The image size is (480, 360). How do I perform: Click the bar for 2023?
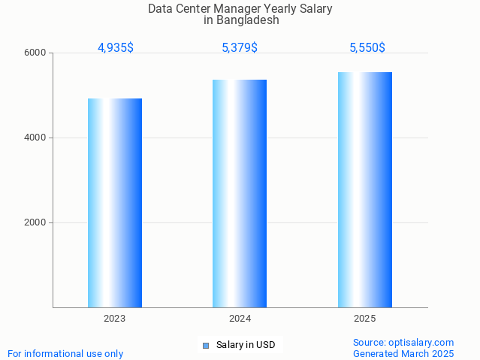tap(115, 203)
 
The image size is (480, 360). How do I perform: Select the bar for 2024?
tap(240, 193)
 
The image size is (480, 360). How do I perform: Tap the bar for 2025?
tap(365, 189)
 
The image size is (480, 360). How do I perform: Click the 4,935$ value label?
tap(116, 48)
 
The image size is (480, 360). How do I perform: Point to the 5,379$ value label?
tap(240, 48)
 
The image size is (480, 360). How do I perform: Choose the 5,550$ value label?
tap(367, 48)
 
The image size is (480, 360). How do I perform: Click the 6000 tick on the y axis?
tap(35, 53)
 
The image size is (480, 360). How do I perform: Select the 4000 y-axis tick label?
tap(35, 138)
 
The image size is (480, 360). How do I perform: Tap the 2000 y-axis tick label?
tap(35, 223)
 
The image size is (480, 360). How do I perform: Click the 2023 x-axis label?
tap(115, 319)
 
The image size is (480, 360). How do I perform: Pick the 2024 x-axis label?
tap(240, 319)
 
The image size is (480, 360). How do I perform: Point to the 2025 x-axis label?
tap(365, 319)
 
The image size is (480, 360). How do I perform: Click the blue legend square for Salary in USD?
tap(206, 346)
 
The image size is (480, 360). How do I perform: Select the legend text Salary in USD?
tap(246, 346)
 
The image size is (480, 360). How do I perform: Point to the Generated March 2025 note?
tap(403, 354)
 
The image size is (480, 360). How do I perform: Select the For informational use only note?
tap(65, 354)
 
